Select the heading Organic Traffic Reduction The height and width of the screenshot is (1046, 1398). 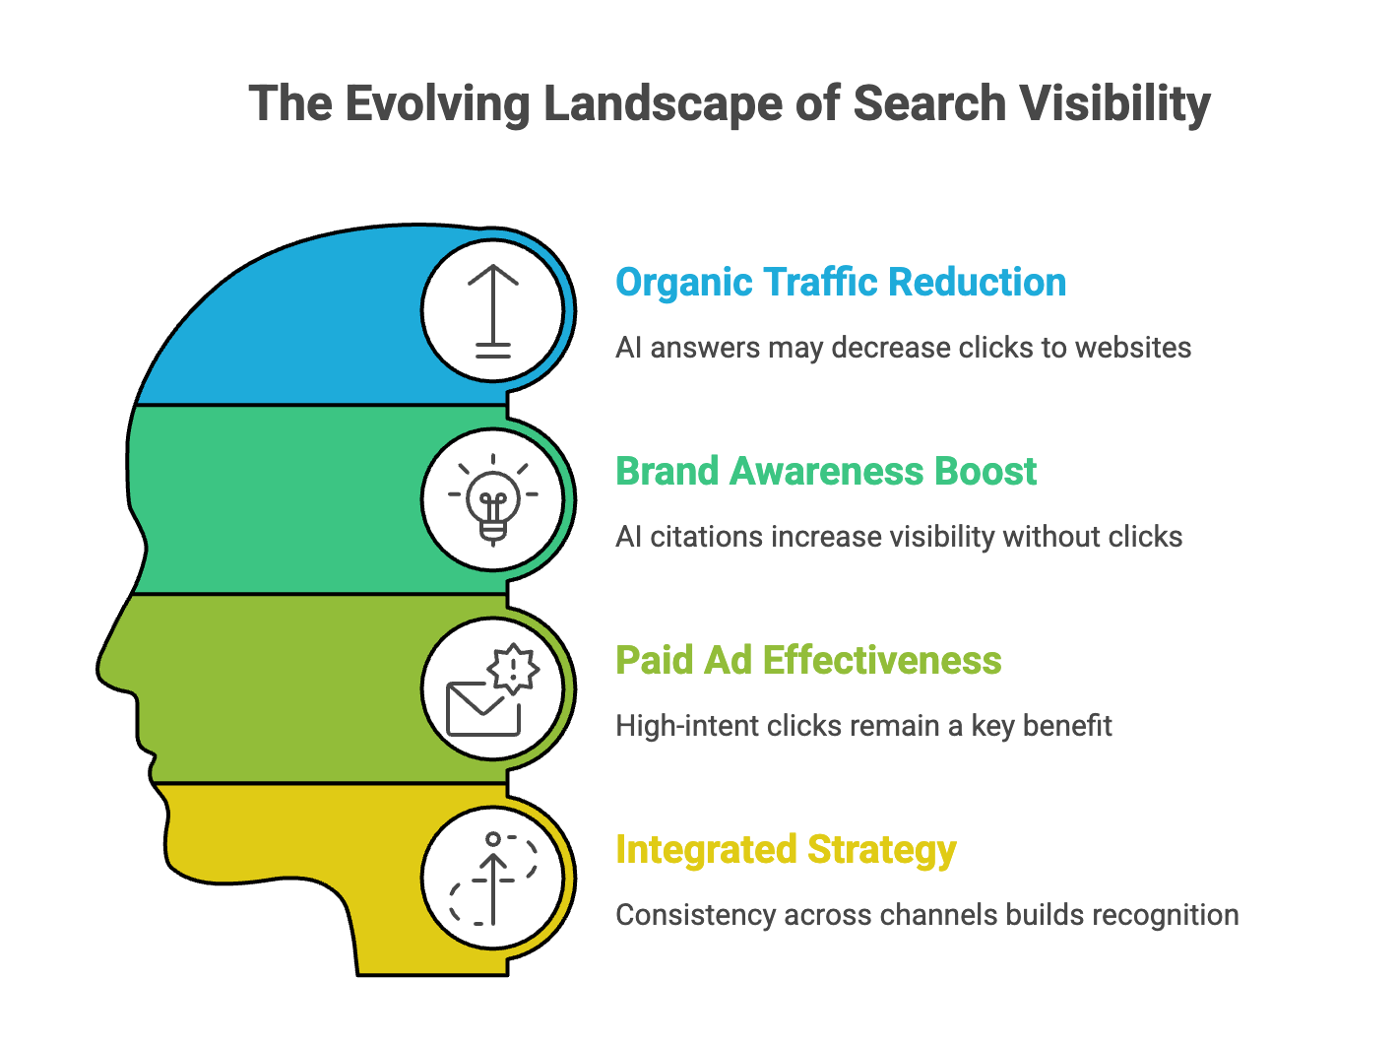click(840, 283)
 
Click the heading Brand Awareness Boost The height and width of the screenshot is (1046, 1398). click(825, 472)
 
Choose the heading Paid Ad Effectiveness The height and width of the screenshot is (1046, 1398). click(807, 661)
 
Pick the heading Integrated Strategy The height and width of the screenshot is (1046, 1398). click(785, 850)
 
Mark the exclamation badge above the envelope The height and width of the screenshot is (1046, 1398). click(513, 669)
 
